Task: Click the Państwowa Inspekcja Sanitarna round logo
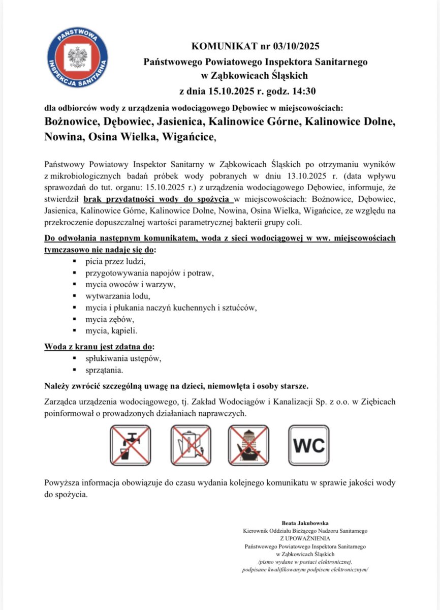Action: point(77,57)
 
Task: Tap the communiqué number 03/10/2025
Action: point(290,47)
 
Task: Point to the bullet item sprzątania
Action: point(104,370)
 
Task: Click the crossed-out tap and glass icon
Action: point(131,445)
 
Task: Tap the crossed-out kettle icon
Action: point(190,445)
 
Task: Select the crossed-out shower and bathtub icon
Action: point(249,445)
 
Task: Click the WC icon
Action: point(308,445)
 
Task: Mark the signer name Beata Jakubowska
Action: point(305,523)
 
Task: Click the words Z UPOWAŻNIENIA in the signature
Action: point(305,538)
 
